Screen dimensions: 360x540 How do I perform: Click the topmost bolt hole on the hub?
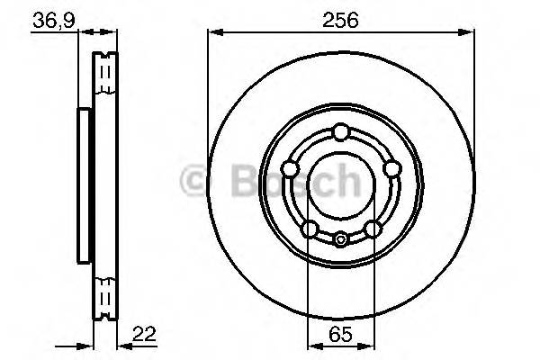pos(340,133)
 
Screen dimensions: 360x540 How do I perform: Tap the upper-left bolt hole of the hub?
pos(289,169)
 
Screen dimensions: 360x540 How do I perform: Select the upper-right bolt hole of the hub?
pos(391,169)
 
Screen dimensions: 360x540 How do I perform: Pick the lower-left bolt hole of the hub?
pos(309,229)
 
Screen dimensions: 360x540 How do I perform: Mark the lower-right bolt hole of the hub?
pos(372,229)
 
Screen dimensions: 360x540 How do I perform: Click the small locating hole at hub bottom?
pos(340,239)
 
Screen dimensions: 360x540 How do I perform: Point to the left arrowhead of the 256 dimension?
pos(213,33)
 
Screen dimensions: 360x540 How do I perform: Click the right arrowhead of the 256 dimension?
pos(469,33)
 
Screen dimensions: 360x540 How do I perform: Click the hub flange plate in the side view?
pos(84,184)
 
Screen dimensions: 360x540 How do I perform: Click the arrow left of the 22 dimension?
pos(88,345)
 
